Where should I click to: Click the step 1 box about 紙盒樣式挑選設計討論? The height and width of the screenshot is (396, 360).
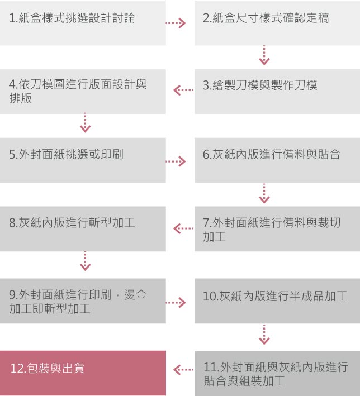pyautogui.click(x=83, y=23)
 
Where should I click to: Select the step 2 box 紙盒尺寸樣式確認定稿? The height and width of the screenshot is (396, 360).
pyautogui.click(x=277, y=23)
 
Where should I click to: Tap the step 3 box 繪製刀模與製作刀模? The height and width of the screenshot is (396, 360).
pyautogui.click(x=277, y=92)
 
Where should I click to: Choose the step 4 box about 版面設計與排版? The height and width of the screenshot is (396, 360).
pyautogui.click(x=83, y=92)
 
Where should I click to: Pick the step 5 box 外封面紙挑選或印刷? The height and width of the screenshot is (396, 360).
pyautogui.click(x=83, y=160)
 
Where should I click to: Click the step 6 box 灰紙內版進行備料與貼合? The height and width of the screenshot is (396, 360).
pyautogui.click(x=277, y=160)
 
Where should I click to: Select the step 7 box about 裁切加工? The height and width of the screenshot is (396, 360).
pyautogui.click(x=277, y=229)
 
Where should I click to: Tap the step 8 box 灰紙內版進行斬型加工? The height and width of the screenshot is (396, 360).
pyautogui.click(x=83, y=229)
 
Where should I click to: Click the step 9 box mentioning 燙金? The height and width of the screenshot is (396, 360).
pyautogui.click(x=83, y=301)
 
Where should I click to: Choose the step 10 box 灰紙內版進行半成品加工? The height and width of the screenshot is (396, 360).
pyautogui.click(x=277, y=301)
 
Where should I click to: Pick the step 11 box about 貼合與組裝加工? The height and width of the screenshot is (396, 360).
pyautogui.click(x=277, y=373)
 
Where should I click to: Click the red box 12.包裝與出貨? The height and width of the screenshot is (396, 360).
pyautogui.click(x=83, y=373)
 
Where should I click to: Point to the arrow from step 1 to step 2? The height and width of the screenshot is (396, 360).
pyautogui.click(x=176, y=23)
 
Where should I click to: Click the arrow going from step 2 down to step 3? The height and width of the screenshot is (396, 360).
pyautogui.click(x=264, y=55)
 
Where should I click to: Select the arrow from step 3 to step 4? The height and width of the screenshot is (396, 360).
pyautogui.click(x=183, y=90)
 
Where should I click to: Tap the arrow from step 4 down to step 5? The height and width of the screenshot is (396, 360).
pyautogui.click(x=85, y=123)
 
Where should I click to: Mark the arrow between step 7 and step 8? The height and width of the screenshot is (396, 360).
pyautogui.click(x=183, y=228)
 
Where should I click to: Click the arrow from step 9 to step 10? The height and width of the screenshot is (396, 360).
pyautogui.click(x=176, y=303)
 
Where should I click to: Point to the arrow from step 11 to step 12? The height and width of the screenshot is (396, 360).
pyautogui.click(x=183, y=370)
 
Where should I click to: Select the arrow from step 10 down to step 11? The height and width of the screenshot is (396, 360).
pyautogui.click(x=264, y=335)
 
